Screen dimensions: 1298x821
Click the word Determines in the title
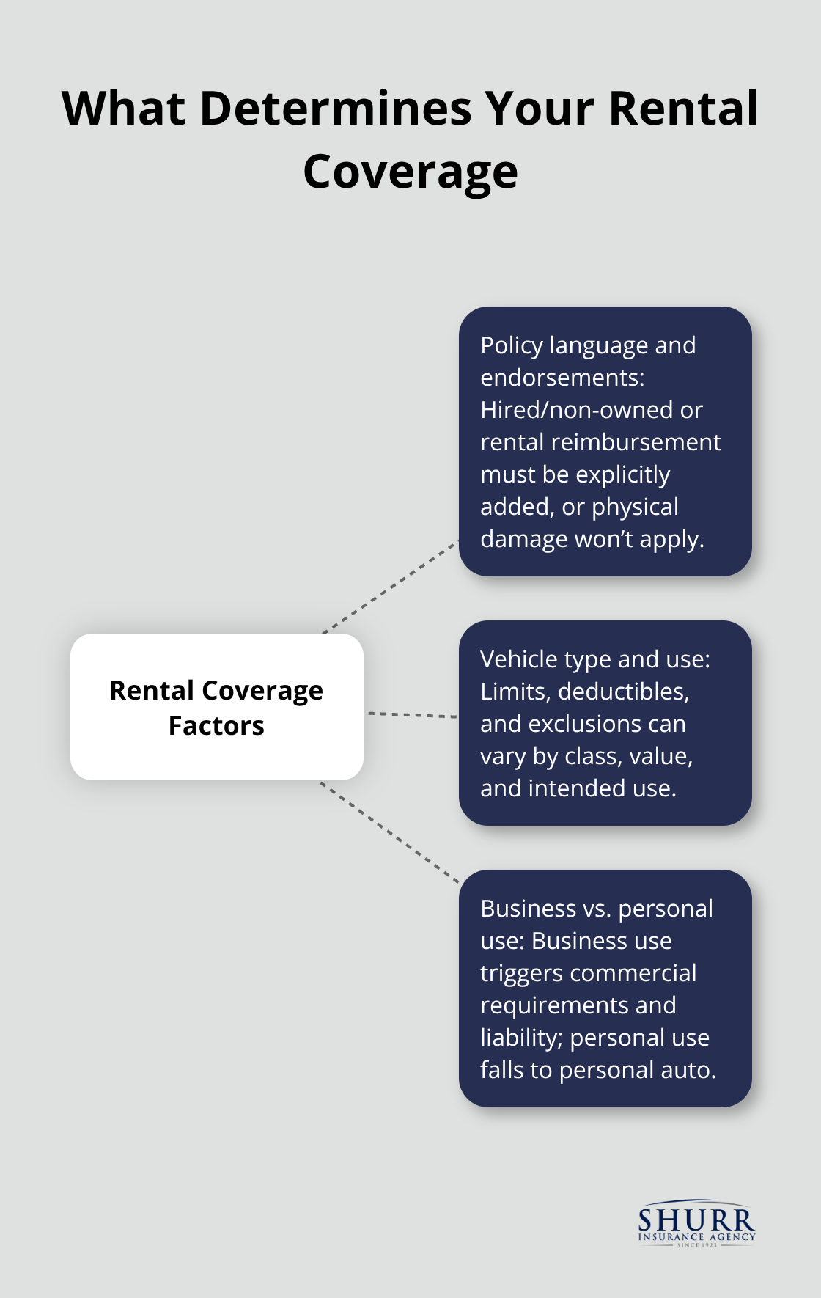tap(336, 109)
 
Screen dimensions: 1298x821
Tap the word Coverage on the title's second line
tap(410, 172)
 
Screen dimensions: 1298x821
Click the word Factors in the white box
tap(216, 726)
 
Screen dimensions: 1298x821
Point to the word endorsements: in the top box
tap(562, 378)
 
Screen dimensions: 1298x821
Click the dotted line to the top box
tap(390, 587)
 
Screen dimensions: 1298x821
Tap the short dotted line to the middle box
tap(411, 714)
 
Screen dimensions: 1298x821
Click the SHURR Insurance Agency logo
tap(696, 1223)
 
